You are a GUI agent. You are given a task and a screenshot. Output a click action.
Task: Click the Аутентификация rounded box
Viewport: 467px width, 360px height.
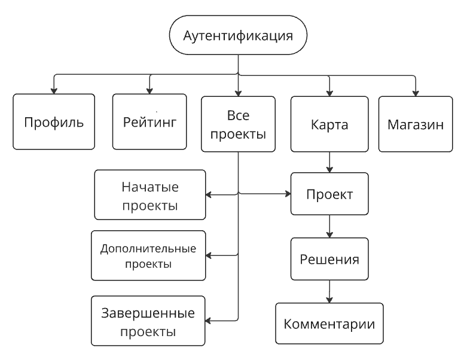238,36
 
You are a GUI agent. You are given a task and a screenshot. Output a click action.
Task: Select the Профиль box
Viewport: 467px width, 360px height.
54,121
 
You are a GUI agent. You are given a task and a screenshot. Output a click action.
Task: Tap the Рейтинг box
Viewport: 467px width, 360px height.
151,121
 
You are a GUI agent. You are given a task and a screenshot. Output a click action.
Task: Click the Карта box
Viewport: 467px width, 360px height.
329,126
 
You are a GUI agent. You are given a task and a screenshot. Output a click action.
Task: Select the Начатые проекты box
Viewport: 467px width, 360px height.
150,194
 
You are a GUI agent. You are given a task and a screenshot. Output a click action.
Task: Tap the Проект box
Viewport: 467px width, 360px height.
329,194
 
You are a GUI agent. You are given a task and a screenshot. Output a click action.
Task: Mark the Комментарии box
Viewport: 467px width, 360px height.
329,324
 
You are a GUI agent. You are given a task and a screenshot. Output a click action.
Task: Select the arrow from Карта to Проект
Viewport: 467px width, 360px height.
329,161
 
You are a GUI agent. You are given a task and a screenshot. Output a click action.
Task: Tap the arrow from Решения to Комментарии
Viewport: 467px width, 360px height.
329,291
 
